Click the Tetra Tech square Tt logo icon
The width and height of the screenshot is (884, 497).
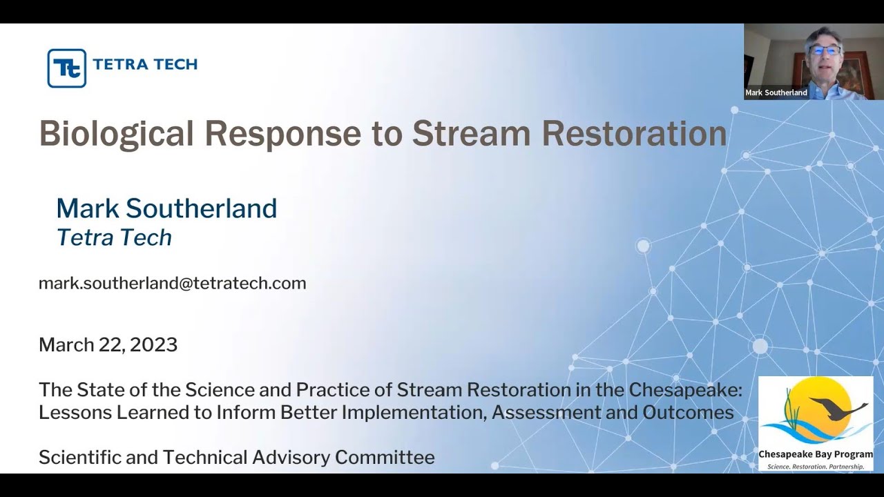tap(66, 68)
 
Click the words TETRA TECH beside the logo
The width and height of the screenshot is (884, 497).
tap(145, 64)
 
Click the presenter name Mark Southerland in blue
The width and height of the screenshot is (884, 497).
tap(166, 208)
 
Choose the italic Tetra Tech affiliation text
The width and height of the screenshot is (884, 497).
tap(114, 237)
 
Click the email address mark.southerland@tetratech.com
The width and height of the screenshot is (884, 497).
tap(172, 283)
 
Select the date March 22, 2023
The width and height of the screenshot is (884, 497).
tap(108, 344)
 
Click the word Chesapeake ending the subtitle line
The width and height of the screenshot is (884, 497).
tap(684, 390)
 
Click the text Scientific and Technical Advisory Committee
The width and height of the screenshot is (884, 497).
tap(236, 457)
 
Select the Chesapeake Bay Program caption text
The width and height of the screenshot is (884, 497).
tap(816, 454)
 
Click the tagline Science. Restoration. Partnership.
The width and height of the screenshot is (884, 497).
tap(816, 467)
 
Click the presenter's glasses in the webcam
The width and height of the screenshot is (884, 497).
tap(824, 50)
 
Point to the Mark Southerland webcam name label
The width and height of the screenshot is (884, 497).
tap(776, 92)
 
